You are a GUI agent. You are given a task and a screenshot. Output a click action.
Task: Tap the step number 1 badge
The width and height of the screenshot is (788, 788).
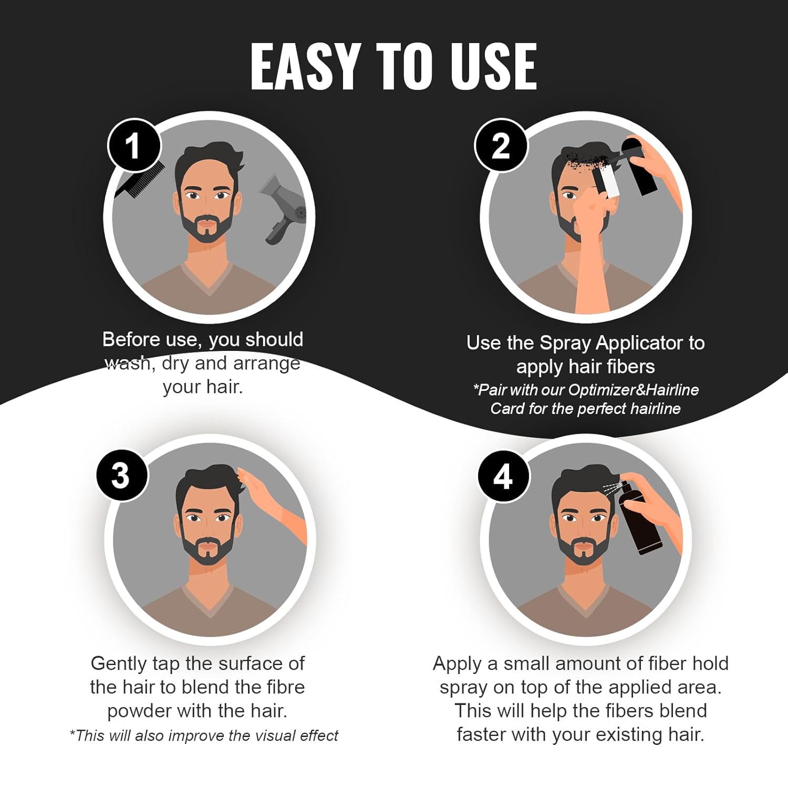click(x=133, y=146)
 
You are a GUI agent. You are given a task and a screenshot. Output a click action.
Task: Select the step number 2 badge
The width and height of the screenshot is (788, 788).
click(x=500, y=146)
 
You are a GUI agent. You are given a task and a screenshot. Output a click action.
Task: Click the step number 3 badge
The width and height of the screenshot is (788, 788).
click(x=121, y=475)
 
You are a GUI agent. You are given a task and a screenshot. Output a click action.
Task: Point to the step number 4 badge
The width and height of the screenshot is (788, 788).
click(x=503, y=476)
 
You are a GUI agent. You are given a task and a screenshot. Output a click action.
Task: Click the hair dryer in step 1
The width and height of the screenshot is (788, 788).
click(x=284, y=208)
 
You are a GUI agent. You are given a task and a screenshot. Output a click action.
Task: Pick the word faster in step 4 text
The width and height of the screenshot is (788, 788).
click(x=481, y=734)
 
